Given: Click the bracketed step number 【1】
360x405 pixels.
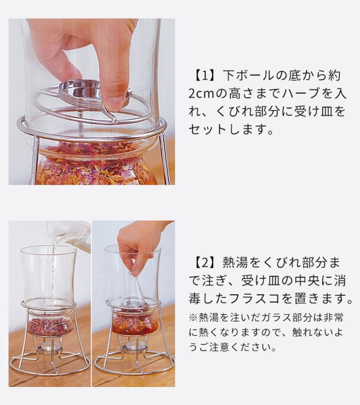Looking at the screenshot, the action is tap(205, 76).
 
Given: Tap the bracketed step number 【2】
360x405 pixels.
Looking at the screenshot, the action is tap(205, 263).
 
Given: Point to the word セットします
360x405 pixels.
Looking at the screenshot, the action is tap(231, 129).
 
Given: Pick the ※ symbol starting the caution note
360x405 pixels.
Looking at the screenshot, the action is tap(193, 318).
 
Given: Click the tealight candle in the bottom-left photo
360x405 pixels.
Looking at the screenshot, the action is tap(51, 348).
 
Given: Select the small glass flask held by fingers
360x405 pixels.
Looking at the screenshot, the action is tap(134, 289).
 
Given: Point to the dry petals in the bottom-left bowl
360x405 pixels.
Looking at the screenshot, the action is tap(50, 327).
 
